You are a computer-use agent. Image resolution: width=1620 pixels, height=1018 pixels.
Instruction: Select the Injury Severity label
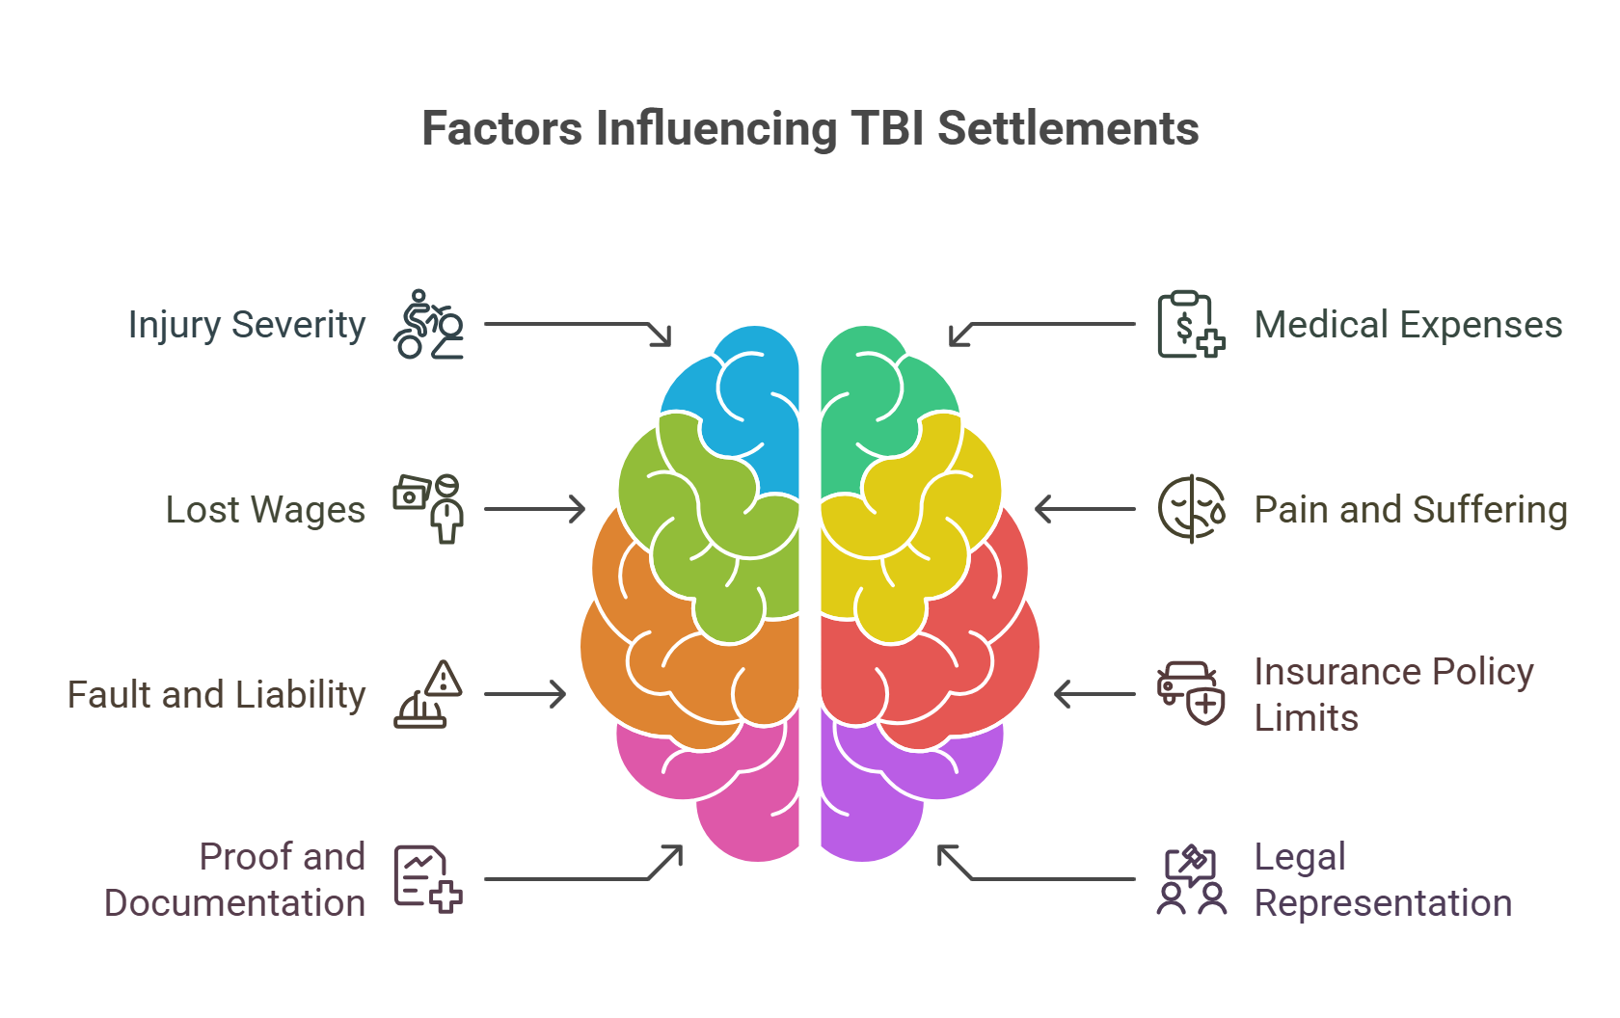coord(247,325)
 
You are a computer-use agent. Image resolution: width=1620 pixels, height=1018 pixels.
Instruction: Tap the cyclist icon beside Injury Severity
coord(428,325)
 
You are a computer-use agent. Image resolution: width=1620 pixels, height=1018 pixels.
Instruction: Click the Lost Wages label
coord(265,510)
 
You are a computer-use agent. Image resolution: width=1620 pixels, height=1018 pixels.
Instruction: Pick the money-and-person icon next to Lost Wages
coord(428,508)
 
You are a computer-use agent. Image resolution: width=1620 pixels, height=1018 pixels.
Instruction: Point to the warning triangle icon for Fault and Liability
coord(428,694)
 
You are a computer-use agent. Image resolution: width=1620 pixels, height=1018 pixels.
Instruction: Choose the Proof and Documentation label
coord(235,879)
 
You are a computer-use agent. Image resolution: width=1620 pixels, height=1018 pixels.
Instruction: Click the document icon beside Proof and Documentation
coord(428,878)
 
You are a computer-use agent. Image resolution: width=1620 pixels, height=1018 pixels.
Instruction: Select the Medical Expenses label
coord(1408,325)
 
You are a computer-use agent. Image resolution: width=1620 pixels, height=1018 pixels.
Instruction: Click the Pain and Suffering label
coord(1410,510)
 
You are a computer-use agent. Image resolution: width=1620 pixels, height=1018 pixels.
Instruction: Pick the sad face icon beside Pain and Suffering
coord(1191,509)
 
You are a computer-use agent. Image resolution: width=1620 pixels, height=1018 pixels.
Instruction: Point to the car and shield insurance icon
coord(1191,693)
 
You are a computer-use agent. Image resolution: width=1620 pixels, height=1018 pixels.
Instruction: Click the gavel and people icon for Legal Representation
coord(1191,879)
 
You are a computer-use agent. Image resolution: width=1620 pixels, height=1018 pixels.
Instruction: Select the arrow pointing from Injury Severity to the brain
coord(579,325)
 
